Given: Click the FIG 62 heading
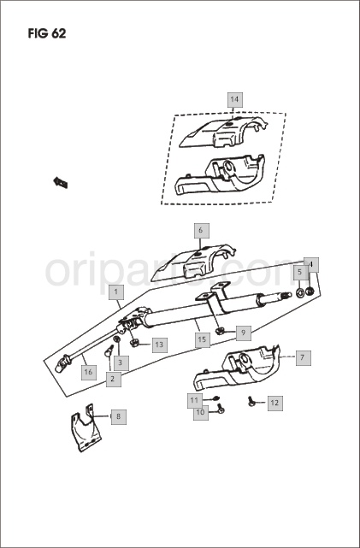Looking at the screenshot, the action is [47, 33].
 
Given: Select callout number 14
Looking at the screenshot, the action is [234, 100].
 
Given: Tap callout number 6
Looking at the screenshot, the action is [201, 230].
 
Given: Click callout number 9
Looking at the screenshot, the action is [243, 333].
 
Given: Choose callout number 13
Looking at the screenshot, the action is [159, 345].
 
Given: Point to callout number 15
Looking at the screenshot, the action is [202, 339].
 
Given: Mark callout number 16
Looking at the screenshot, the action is [88, 372].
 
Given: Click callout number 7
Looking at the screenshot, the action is [303, 357].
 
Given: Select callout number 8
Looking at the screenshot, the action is [119, 416].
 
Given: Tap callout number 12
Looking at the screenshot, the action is [274, 403].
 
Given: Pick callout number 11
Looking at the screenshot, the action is [194, 400].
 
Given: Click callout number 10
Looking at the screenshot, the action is [201, 412].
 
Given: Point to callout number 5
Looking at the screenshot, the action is [299, 272].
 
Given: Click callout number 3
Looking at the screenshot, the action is [121, 363].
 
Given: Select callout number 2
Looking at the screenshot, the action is [113, 379].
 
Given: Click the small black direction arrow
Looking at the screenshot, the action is [60, 182].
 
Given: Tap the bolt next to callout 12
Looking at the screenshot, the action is [251, 401].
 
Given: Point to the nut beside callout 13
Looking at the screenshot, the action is [134, 343].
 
